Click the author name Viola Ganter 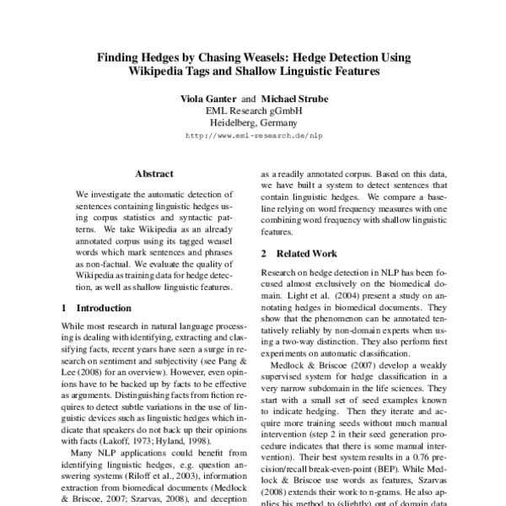(209, 99)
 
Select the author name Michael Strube (296, 99)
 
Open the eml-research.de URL (254, 135)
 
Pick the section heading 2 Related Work (299, 253)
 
